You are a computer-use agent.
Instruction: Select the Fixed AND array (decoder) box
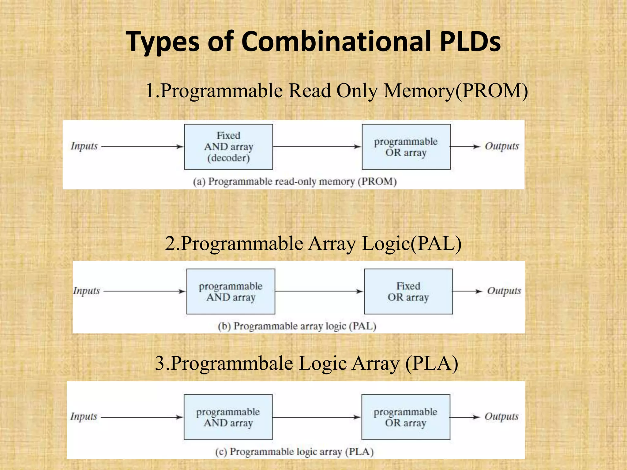point(228,147)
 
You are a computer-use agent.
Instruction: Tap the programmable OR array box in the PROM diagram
point(406,147)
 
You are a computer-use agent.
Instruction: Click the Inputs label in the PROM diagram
point(84,146)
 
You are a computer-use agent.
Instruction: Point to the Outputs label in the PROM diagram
point(501,146)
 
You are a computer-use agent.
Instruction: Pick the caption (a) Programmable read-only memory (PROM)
point(295,182)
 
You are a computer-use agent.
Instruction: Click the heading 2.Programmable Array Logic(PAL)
point(313,244)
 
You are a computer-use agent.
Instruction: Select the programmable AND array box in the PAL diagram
point(231,292)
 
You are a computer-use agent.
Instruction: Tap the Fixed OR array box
point(408,292)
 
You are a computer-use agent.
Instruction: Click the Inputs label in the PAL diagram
point(86,291)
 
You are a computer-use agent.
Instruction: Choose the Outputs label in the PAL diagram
point(504,291)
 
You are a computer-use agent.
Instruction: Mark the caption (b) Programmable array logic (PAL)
point(297,326)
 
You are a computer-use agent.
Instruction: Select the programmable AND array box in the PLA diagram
point(228,417)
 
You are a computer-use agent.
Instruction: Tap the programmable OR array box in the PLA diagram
point(406,417)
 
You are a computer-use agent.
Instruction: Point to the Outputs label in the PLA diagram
point(501,417)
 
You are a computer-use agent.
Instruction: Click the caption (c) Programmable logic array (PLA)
point(294,452)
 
